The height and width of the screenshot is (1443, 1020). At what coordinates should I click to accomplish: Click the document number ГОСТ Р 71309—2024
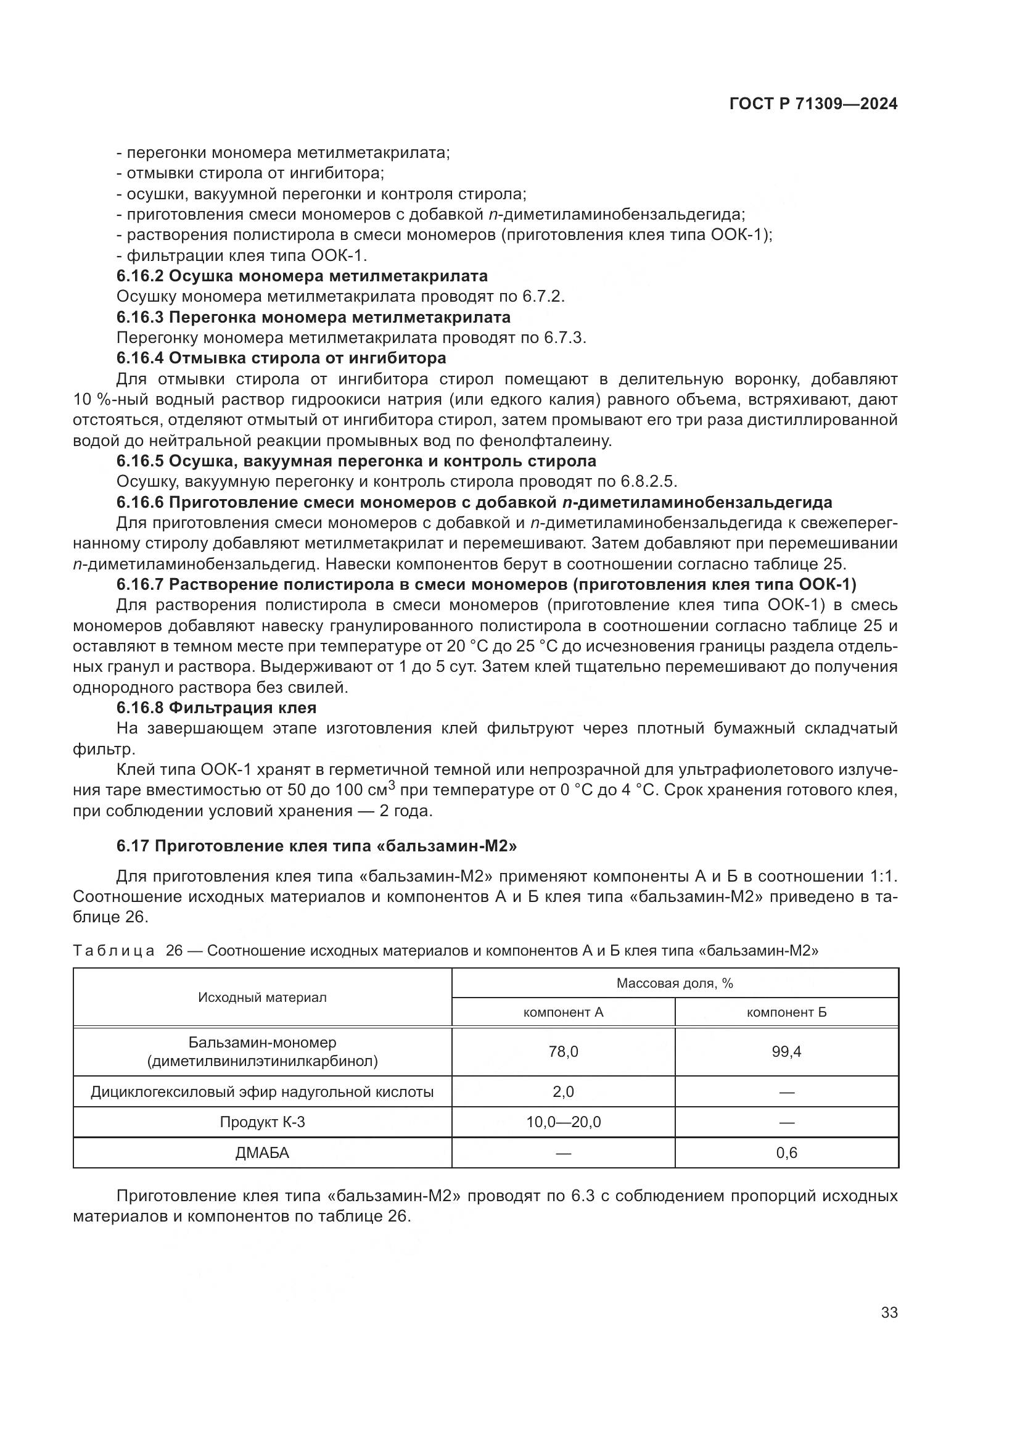tap(813, 104)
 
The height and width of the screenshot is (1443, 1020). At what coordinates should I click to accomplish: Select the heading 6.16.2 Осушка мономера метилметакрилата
tap(302, 276)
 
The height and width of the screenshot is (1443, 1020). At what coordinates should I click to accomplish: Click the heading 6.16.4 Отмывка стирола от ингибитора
tap(281, 358)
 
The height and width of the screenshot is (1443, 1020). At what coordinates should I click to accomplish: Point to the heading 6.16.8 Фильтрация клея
tap(216, 708)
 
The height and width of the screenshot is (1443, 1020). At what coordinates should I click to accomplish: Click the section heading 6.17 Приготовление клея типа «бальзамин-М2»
tap(316, 845)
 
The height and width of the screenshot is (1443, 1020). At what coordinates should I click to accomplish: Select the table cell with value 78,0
tap(563, 1051)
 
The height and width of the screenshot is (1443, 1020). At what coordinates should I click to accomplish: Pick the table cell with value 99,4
tap(786, 1051)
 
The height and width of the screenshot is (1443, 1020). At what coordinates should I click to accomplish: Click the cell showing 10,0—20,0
tap(563, 1122)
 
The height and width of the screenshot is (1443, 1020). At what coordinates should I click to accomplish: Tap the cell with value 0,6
tap(786, 1152)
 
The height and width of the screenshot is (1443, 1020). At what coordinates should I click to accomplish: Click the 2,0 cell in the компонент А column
tap(563, 1092)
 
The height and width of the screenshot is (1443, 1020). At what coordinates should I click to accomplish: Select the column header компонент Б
tap(786, 1012)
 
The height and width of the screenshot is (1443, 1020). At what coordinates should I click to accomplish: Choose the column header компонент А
tap(563, 1012)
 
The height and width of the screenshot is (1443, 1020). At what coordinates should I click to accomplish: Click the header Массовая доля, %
tap(675, 983)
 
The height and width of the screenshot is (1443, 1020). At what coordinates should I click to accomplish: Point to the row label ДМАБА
tap(262, 1152)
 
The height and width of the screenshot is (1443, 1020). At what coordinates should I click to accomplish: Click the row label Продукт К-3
tap(262, 1122)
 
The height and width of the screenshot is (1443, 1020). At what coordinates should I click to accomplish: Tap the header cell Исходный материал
tap(262, 998)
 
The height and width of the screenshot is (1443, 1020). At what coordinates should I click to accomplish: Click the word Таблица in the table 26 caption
tap(113, 950)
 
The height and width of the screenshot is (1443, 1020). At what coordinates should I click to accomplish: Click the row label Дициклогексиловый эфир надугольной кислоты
tap(262, 1092)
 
